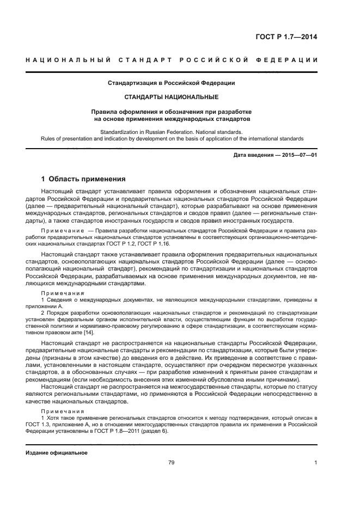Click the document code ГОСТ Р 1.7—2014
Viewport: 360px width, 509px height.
coord(286,37)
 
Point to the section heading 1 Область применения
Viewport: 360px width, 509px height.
coord(83,179)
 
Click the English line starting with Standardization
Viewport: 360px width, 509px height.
coord(171,131)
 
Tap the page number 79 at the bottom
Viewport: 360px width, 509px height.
coord(171,462)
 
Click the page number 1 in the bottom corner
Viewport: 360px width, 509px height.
coord(315,462)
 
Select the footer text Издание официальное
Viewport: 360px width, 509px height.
coord(57,452)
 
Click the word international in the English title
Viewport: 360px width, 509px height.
coord(263,138)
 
